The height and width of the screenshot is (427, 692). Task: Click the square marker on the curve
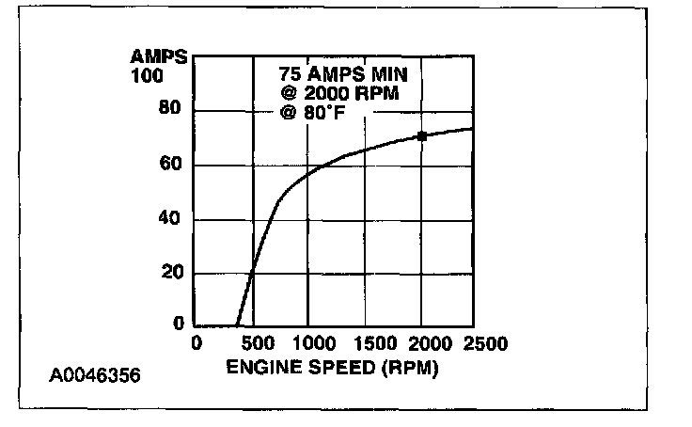pyautogui.click(x=422, y=136)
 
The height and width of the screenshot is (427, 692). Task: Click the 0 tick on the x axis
pyautogui.click(x=197, y=344)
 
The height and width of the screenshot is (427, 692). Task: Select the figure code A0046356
pyautogui.click(x=94, y=376)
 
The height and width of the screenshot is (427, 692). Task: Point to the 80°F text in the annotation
pyautogui.click(x=329, y=112)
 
